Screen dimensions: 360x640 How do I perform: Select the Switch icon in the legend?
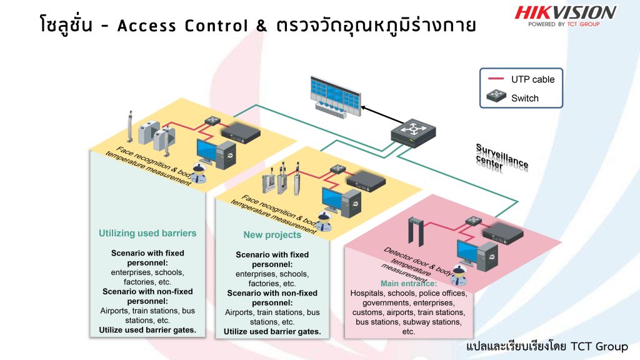pos(495,97)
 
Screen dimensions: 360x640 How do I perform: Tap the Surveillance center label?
pos(502,157)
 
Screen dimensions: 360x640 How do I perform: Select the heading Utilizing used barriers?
pos(147,233)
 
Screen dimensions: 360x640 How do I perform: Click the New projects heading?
pos(272,235)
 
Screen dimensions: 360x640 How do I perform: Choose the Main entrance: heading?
pos(409,283)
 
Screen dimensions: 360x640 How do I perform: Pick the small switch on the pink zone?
pos(472,221)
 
